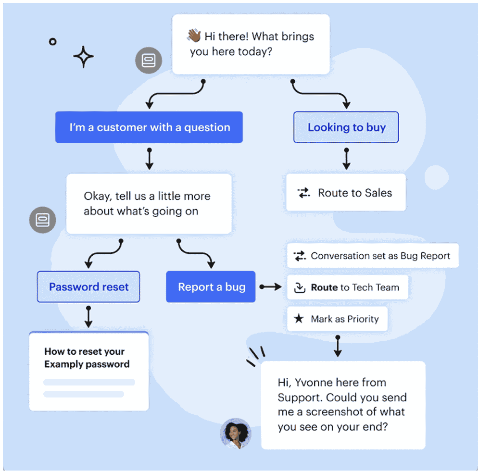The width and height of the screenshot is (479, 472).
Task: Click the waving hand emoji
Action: [194, 35]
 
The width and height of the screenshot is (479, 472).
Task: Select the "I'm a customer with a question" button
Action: [149, 127]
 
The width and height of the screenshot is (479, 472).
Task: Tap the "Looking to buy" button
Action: [346, 127]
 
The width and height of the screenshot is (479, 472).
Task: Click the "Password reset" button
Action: [88, 286]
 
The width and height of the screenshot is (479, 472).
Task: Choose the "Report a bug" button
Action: [211, 286]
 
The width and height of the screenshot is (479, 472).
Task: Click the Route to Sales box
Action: [346, 192]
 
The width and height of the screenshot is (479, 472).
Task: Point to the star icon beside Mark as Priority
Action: [299, 319]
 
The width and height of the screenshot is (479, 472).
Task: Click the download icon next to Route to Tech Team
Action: [300, 287]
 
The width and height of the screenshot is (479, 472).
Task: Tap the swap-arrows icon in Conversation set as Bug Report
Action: [300, 256]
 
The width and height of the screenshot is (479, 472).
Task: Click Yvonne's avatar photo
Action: [236, 434]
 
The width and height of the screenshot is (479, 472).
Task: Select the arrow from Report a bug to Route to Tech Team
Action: [271, 286]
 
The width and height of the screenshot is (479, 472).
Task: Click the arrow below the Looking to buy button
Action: [346, 159]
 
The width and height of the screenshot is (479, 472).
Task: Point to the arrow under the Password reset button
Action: [88, 317]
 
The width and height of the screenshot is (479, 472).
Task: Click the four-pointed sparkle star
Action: [83, 57]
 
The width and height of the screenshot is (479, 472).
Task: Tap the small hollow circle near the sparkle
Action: [52, 41]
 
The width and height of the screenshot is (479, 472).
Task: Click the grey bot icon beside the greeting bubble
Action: [149, 60]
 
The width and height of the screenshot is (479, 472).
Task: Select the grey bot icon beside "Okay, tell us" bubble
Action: [42, 220]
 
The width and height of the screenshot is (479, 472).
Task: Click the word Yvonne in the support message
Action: [310, 383]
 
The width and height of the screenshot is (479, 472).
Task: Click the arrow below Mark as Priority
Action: [338, 346]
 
